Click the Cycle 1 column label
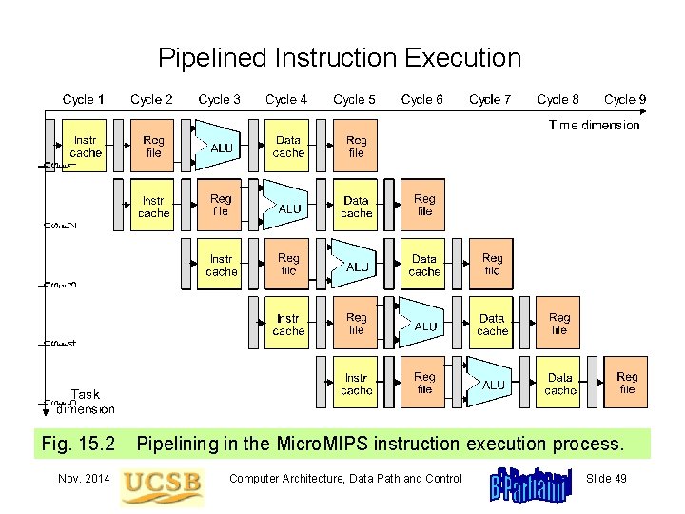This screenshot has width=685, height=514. [84, 99]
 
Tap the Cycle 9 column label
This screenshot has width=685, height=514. [625, 99]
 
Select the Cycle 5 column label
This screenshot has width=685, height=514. [354, 99]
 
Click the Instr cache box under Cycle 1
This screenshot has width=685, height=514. [85, 146]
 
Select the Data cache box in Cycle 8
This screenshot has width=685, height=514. [559, 384]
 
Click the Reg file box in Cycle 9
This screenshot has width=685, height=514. [627, 383]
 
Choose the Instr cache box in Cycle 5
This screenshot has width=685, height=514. [356, 384]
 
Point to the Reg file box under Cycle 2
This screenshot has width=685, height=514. [153, 146]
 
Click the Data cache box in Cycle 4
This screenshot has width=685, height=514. [287, 146]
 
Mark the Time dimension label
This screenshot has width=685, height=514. [594, 125]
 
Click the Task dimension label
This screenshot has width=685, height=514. [86, 402]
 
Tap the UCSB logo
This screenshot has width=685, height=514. [162, 484]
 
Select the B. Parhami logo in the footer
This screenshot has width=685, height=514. [530, 484]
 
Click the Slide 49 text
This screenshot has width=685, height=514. [607, 478]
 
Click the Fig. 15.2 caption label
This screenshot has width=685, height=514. [79, 443]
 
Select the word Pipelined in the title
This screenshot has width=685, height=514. [212, 58]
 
